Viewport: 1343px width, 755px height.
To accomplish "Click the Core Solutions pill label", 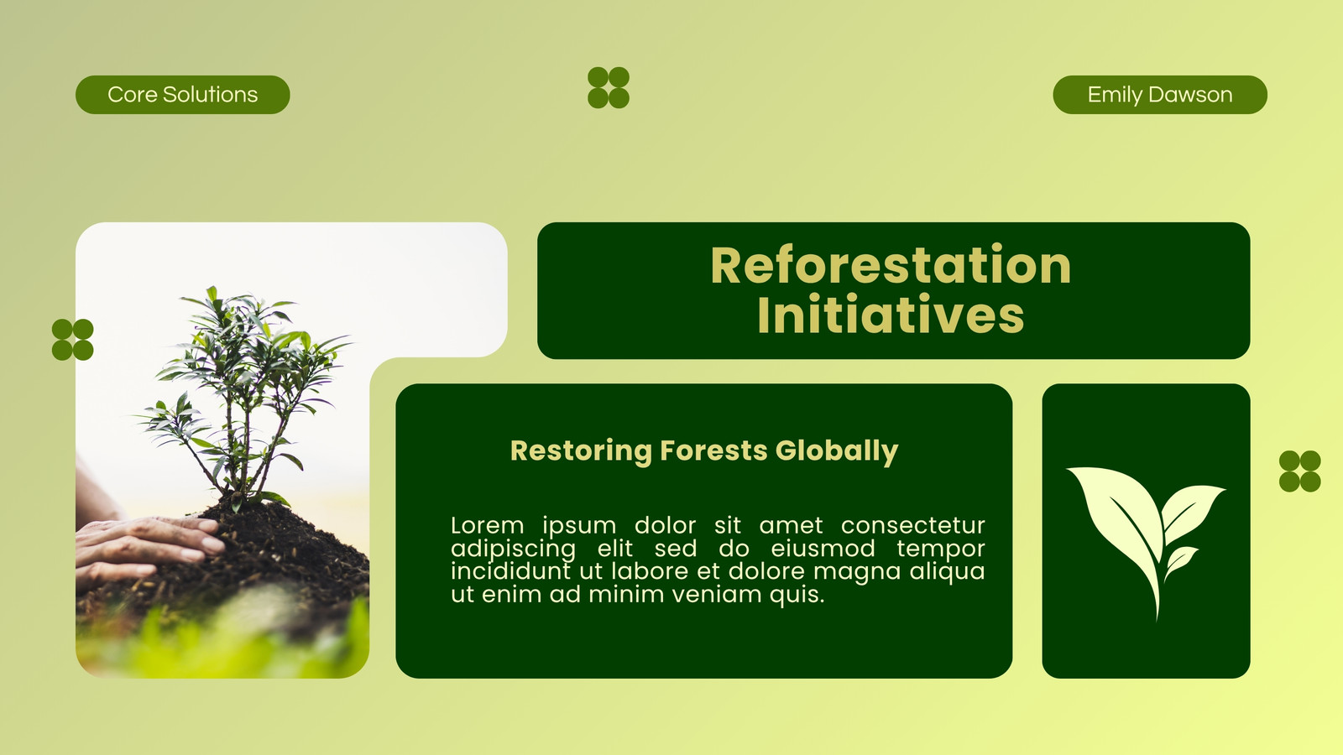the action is click(182, 95).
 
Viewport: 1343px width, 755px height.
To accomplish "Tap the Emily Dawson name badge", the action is click(1159, 95).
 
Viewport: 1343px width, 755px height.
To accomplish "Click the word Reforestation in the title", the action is click(891, 265).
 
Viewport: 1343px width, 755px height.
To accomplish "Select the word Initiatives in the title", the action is click(891, 315).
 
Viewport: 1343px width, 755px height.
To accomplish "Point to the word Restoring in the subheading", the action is click(581, 451).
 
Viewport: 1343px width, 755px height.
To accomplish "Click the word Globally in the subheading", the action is click(837, 451).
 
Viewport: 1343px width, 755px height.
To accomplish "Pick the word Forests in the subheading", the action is click(713, 450).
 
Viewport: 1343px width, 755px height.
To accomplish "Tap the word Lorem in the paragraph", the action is click(488, 525).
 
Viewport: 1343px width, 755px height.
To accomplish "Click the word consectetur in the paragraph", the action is click(912, 525).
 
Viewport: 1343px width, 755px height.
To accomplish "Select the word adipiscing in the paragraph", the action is click(513, 549).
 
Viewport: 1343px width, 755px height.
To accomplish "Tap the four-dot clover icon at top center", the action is click(609, 87).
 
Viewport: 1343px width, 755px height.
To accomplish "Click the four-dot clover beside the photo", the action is click(72, 340).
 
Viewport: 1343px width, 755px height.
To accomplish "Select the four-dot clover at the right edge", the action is click(1300, 471).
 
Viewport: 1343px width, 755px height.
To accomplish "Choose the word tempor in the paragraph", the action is click(941, 549).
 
